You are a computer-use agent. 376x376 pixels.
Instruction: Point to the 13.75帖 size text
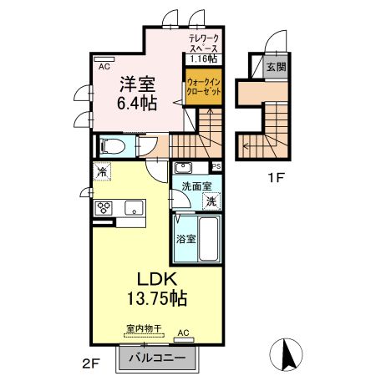point(155,298)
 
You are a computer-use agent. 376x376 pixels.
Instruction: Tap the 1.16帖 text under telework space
point(203,58)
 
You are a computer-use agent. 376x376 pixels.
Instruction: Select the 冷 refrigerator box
point(100,173)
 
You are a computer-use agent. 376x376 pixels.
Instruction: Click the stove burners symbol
point(106,208)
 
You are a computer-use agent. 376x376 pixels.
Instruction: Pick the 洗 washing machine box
point(212,201)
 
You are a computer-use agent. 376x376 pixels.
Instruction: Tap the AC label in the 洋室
point(104,65)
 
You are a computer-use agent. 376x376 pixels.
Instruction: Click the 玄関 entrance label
point(276,67)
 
